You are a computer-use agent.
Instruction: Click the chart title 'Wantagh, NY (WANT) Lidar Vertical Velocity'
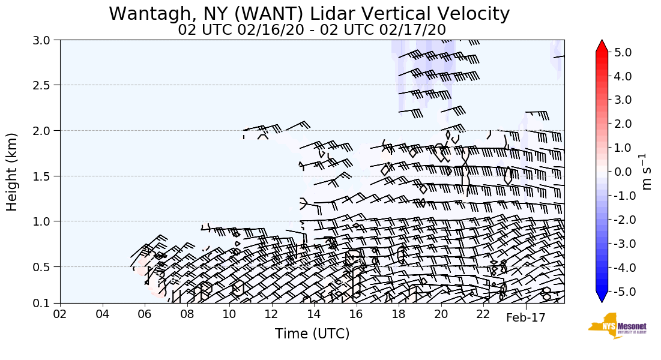point(309,13)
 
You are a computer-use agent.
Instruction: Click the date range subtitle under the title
point(312,29)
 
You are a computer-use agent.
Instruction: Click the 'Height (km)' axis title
point(13,172)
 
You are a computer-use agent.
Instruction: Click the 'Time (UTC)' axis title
point(312,334)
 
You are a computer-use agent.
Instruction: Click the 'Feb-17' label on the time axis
point(525,317)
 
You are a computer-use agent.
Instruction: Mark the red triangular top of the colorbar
point(602,46)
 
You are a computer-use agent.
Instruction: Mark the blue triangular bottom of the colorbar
point(602,297)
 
